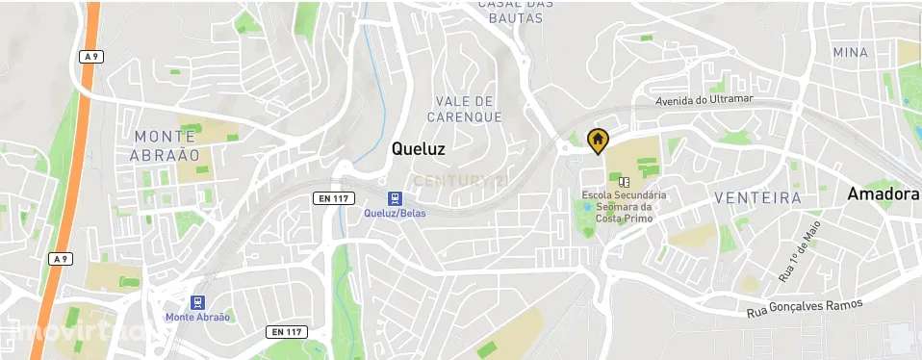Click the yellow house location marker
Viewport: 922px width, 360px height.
(597, 141)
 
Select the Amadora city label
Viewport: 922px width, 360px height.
(883, 194)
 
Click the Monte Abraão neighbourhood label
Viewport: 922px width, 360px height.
(166, 145)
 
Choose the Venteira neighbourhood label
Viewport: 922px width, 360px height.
(758, 197)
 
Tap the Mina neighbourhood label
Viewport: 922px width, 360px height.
(851, 52)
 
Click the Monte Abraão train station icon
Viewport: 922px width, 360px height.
(198, 302)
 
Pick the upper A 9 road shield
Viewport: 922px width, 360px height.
(90, 57)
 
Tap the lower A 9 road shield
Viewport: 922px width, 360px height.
(61, 259)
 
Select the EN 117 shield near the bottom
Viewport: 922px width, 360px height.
(285, 332)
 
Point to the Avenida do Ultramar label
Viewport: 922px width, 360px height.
(704, 100)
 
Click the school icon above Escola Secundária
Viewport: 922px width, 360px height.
(624, 181)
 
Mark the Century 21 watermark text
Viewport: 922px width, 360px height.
(460, 181)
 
